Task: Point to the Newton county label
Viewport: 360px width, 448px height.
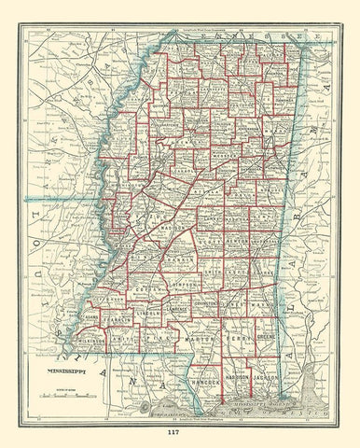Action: pyautogui.click(x=246, y=213)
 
